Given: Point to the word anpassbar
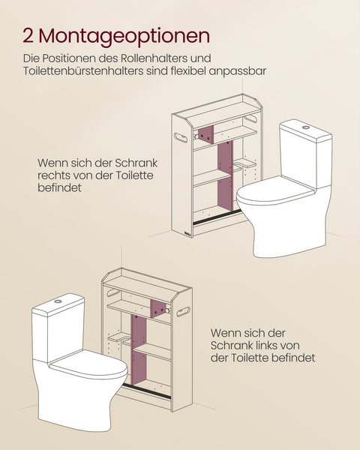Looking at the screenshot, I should [x=243, y=71].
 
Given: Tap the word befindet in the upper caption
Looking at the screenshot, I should [x=59, y=190].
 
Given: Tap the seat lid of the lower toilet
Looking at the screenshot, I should [x=88, y=367].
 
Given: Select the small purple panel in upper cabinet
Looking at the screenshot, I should [x=205, y=135].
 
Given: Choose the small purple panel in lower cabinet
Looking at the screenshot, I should [x=157, y=308].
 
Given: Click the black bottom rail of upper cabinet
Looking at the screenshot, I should [x=217, y=218].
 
